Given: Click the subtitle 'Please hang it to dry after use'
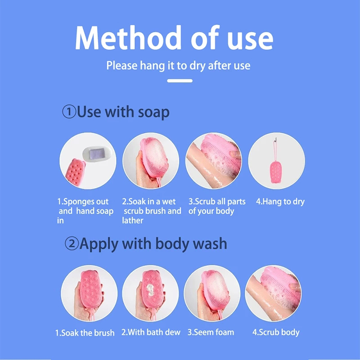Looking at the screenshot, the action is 178,66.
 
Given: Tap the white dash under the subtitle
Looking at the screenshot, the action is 180,81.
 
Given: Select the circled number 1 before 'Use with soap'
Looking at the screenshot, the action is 69,112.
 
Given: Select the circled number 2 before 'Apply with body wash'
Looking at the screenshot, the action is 72,243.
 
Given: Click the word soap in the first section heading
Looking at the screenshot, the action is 153,112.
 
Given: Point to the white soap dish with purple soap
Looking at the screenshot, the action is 97,153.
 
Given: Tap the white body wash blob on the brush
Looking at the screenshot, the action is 150,290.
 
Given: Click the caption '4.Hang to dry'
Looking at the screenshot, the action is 280,202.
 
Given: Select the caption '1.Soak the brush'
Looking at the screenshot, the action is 85,333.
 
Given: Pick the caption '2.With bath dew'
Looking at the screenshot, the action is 151,332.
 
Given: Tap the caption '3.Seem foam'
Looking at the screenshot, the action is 211,332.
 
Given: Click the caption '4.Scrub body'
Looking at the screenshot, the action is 276,333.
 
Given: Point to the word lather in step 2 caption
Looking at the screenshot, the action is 132,220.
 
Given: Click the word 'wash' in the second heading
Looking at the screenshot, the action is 210,243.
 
